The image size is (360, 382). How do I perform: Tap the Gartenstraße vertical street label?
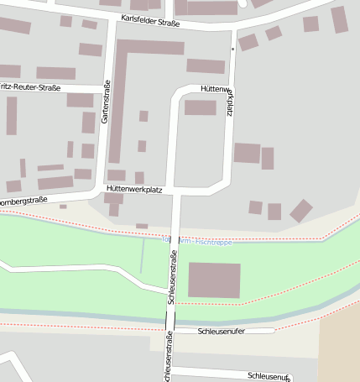pos(106,102)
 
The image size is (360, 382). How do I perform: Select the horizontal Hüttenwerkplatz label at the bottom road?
pos(133,189)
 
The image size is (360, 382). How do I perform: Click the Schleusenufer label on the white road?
pos(221,331)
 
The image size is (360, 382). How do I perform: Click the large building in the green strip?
pos(214,280)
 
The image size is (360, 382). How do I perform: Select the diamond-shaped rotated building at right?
pos(301,211)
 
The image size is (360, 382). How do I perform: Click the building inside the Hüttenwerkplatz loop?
pos(200,107)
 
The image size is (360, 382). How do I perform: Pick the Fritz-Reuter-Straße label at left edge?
pos(25,86)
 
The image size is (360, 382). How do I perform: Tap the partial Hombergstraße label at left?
pos(21,202)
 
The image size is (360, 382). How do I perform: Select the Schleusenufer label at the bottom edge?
pos(269,376)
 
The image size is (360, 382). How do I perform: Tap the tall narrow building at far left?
pos(12,116)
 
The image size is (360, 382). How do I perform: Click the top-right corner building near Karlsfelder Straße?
pos(339,18)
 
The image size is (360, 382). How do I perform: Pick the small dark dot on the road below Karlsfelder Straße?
pos(232,50)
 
